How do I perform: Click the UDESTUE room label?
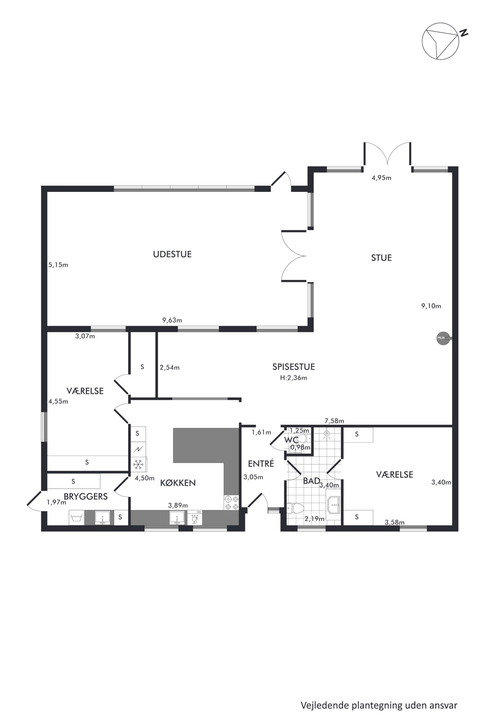(x=172, y=254)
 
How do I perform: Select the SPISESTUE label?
(x=293, y=367)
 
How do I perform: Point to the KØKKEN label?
(x=178, y=483)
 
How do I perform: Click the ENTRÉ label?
(x=261, y=464)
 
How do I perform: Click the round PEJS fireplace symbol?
(x=443, y=338)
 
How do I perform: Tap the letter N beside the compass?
(x=464, y=33)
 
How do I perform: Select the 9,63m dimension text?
(x=172, y=320)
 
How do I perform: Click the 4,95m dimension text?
(x=381, y=178)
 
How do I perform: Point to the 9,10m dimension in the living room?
(x=431, y=306)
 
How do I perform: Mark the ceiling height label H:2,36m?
(x=293, y=378)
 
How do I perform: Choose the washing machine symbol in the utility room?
(x=77, y=517)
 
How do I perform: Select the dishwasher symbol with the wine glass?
(x=195, y=518)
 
